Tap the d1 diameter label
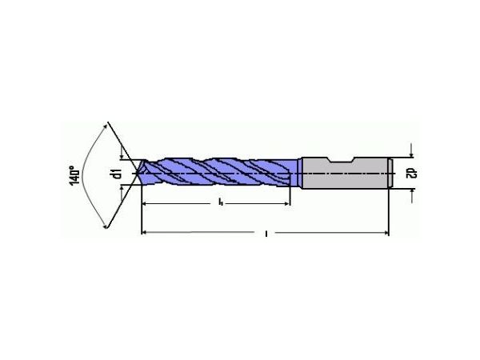tap(117, 173)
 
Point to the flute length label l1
tap(219, 205)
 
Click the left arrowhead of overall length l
tap(145, 234)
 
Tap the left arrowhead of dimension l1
tap(145, 205)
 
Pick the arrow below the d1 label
tap(122, 190)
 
